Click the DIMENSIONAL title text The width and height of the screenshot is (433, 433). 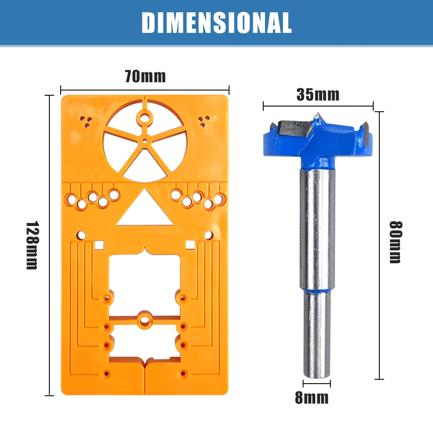[x=216, y=22]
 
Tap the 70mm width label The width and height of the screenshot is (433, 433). [x=145, y=77]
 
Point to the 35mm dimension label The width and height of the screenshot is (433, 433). [x=318, y=94]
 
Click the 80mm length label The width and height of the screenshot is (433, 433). [x=395, y=242]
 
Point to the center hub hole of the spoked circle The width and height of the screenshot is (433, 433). [x=145, y=140]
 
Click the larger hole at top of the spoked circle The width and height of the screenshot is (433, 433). [x=145, y=117]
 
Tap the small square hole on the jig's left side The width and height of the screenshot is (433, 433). [x=99, y=245]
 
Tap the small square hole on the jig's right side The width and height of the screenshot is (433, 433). [x=189, y=245]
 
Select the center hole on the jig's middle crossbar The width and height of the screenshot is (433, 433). [x=145, y=321]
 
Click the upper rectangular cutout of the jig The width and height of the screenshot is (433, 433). [x=145, y=281]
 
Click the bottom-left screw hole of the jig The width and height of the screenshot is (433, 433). [x=106, y=373]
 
